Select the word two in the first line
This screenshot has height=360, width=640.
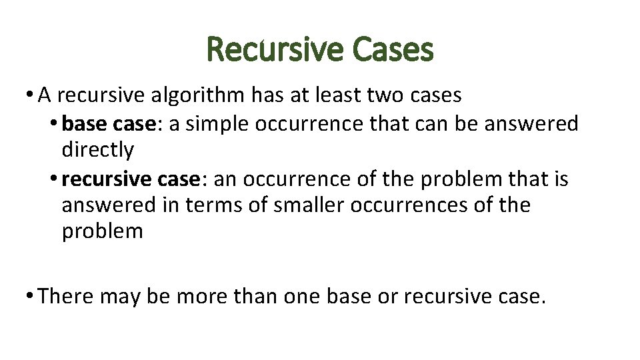pyautogui.click(x=386, y=95)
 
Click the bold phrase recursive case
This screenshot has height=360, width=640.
pyautogui.click(x=131, y=179)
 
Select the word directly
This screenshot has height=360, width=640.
pyautogui.click(x=97, y=151)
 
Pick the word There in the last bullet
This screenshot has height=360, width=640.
pyautogui.click(x=67, y=295)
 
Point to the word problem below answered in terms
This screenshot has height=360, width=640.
pyautogui.click(x=102, y=232)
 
